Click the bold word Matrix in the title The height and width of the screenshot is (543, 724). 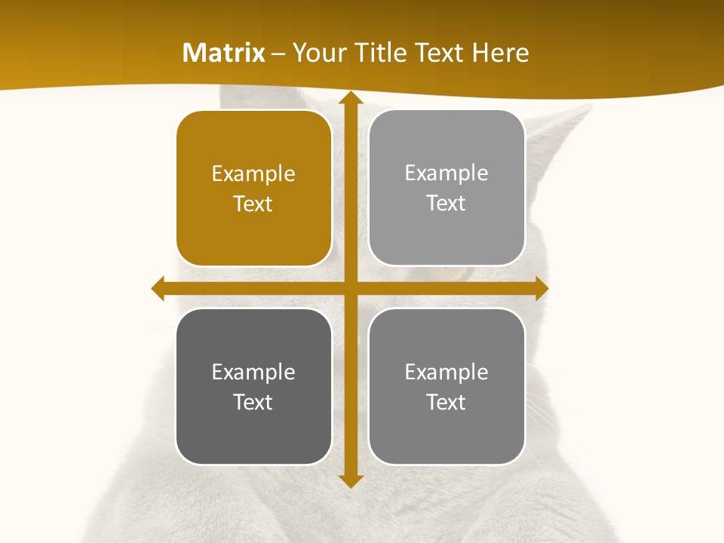pos(224,53)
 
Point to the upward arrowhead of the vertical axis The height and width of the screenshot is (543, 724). pos(350,99)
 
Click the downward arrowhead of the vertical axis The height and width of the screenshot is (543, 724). pos(350,480)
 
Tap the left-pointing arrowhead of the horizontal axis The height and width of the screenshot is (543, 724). pos(158,288)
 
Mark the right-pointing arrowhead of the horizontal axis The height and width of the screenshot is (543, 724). pos(541,288)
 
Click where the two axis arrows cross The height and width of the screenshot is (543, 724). pos(350,288)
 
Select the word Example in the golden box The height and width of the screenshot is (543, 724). pos(253,174)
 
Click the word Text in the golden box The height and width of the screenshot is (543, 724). pos(253,204)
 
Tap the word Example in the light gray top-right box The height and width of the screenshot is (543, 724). pos(446,173)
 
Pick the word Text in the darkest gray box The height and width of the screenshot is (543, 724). pos(253,402)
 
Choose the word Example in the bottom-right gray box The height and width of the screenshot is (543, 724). pos(446,372)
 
